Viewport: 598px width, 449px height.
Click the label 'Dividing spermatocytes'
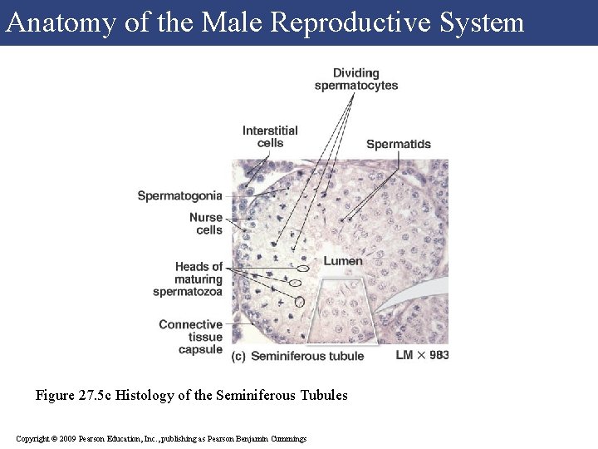[355, 79]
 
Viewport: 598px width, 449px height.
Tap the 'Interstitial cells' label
[270, 136]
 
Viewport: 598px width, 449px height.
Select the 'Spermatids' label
[399, 144]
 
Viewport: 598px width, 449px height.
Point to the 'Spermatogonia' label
[179, 196]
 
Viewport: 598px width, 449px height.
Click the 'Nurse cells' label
[206, 224]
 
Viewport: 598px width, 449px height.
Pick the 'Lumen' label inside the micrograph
[343, 261]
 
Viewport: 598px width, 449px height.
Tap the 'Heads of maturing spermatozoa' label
[189, 279]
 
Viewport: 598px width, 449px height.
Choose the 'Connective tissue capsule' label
[191, 337]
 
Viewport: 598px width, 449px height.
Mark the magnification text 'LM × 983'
[422, 355]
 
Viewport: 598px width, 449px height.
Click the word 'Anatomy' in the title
[61, 22]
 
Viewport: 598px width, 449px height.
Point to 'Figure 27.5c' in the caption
[73, 395]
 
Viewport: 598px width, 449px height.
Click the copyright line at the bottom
[161, 438]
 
